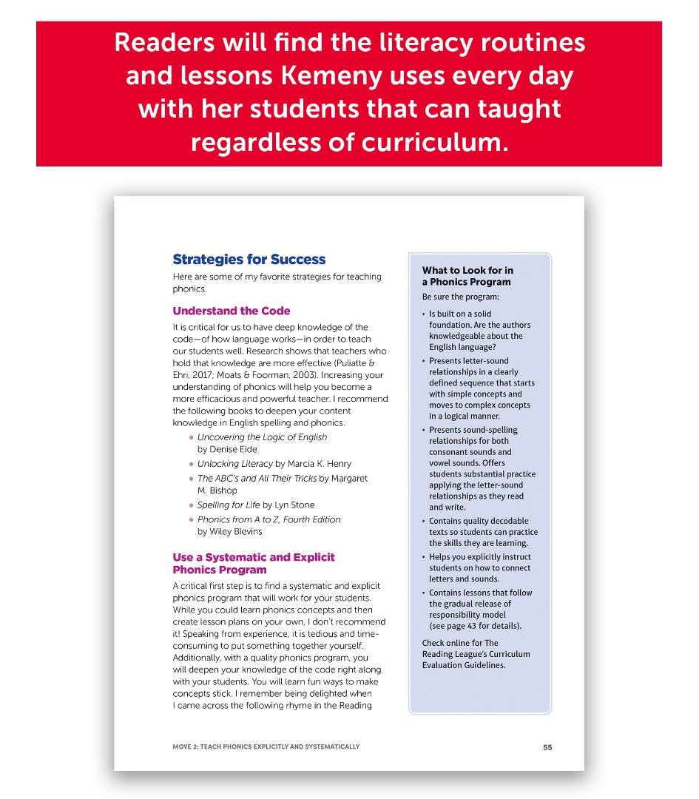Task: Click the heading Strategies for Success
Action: pyautogui.click(x=249, y=259)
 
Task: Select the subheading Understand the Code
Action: pyautogui.click(x=231, y=311)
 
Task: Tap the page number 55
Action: pyautogui.click(x=547, y=747)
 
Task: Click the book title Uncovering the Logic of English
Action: pyautogui.click(x=262, y=437)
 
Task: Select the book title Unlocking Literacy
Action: pyautogui.click(x=235, y=464)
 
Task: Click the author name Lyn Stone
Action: pyautogui.click(x=294, y=505)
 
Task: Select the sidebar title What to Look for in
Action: pyautogui.click(x=467, y=271)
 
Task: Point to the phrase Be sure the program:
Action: pyautogui.click(x=461, y=297)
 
